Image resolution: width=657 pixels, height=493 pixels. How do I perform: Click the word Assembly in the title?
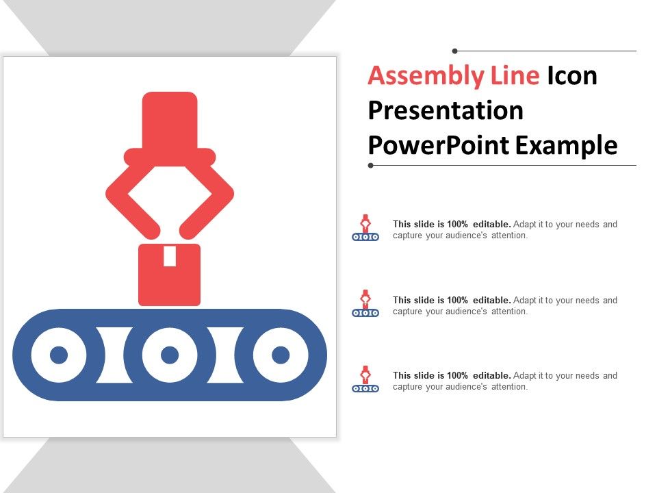tap(416, 77)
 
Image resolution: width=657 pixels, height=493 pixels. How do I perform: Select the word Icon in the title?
tap(571, 75)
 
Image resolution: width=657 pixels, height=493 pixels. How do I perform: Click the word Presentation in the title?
tap(446, 110)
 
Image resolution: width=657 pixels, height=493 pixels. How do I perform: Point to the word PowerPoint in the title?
tap(438, 145)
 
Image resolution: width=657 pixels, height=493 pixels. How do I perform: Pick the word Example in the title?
tap(566, 145)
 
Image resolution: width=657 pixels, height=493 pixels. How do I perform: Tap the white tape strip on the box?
tap(170, 255)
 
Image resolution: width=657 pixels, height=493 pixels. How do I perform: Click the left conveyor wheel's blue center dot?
tap(59, 355)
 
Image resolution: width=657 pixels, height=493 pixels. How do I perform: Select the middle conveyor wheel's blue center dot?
tap(170, 355)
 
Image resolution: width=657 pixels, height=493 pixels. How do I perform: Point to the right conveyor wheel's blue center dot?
tap(281, 355)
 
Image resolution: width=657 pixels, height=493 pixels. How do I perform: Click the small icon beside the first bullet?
tap(365, 228)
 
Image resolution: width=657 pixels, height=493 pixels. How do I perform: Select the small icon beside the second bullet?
tap(365, 303)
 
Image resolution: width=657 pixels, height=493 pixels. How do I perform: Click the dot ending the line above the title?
tap(455, 51)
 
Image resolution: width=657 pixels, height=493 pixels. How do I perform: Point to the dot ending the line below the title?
tap(371, 165)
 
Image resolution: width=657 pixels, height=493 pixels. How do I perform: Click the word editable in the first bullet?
tap(491, 224)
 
